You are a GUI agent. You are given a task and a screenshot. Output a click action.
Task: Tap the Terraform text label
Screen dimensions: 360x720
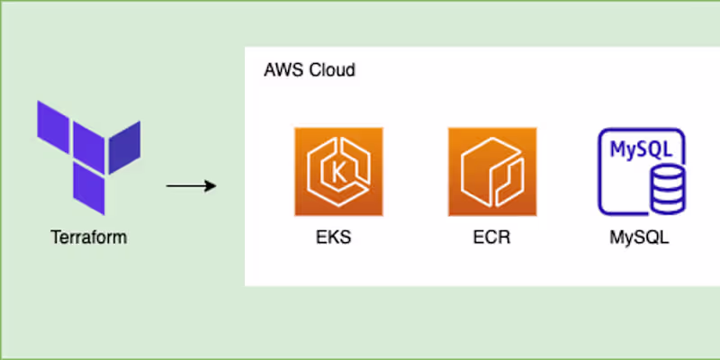pos(88,238)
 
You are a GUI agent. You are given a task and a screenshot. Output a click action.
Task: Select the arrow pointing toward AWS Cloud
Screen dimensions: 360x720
pos(191,187)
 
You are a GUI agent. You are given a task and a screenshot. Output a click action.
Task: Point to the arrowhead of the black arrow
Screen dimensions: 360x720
pos(211,187)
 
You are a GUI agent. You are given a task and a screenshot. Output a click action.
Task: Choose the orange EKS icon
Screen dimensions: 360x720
pos(338,172)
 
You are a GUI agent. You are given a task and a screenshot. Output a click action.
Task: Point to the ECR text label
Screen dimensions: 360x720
pos(492,240)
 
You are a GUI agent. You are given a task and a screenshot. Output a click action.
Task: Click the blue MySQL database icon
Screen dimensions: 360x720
pos(642,172)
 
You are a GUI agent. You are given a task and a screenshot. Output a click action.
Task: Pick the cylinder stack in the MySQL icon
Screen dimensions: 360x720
pos(667,189)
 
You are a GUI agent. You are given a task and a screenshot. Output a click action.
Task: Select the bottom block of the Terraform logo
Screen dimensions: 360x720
pos(88,190)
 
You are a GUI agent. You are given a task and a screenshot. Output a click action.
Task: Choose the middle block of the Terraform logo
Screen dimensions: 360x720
pos(88,147)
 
